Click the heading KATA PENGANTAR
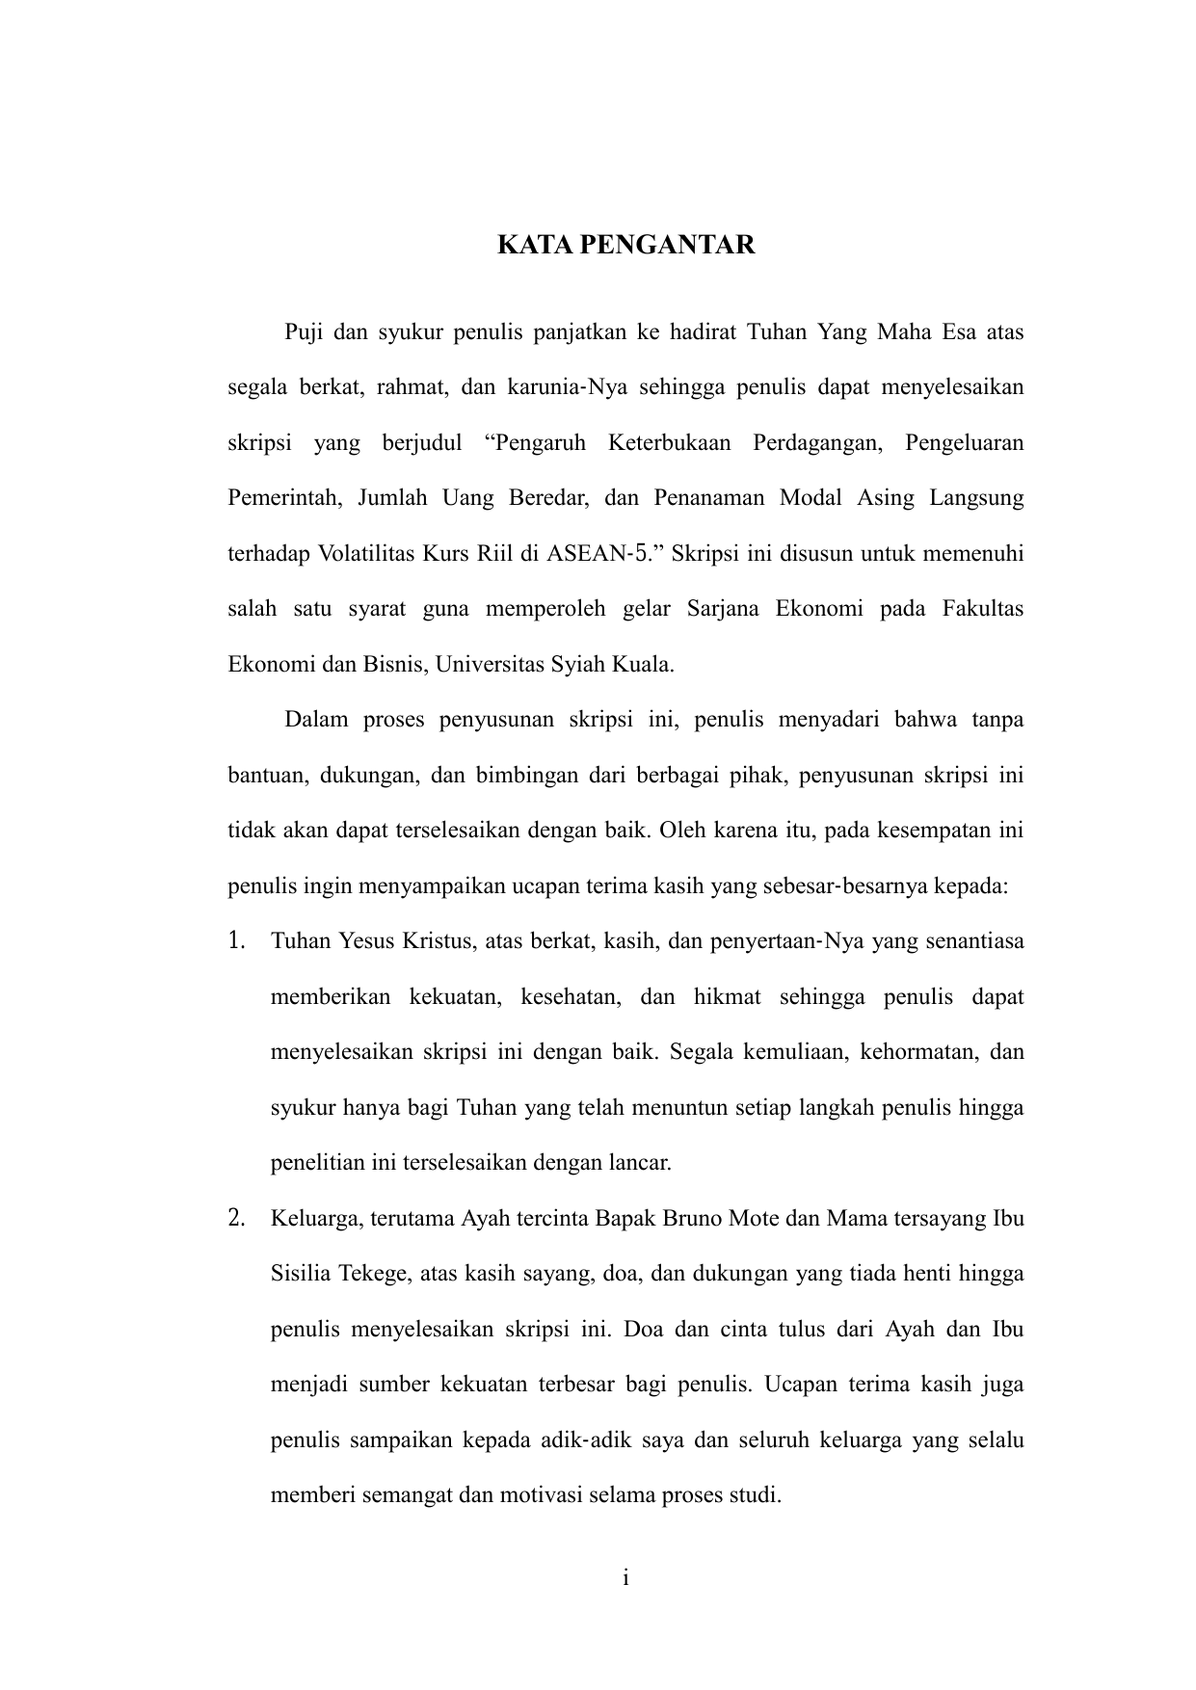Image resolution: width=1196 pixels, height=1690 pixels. pyautogui.click(x=625, y=245)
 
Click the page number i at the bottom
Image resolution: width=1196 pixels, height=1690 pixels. pyautogui.click(x=625, y=1578)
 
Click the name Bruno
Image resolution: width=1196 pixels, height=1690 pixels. pyautogui.click(x=693, y=1218)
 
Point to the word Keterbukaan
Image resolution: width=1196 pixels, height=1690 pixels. pyautogui.click(x=669, y=444)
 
